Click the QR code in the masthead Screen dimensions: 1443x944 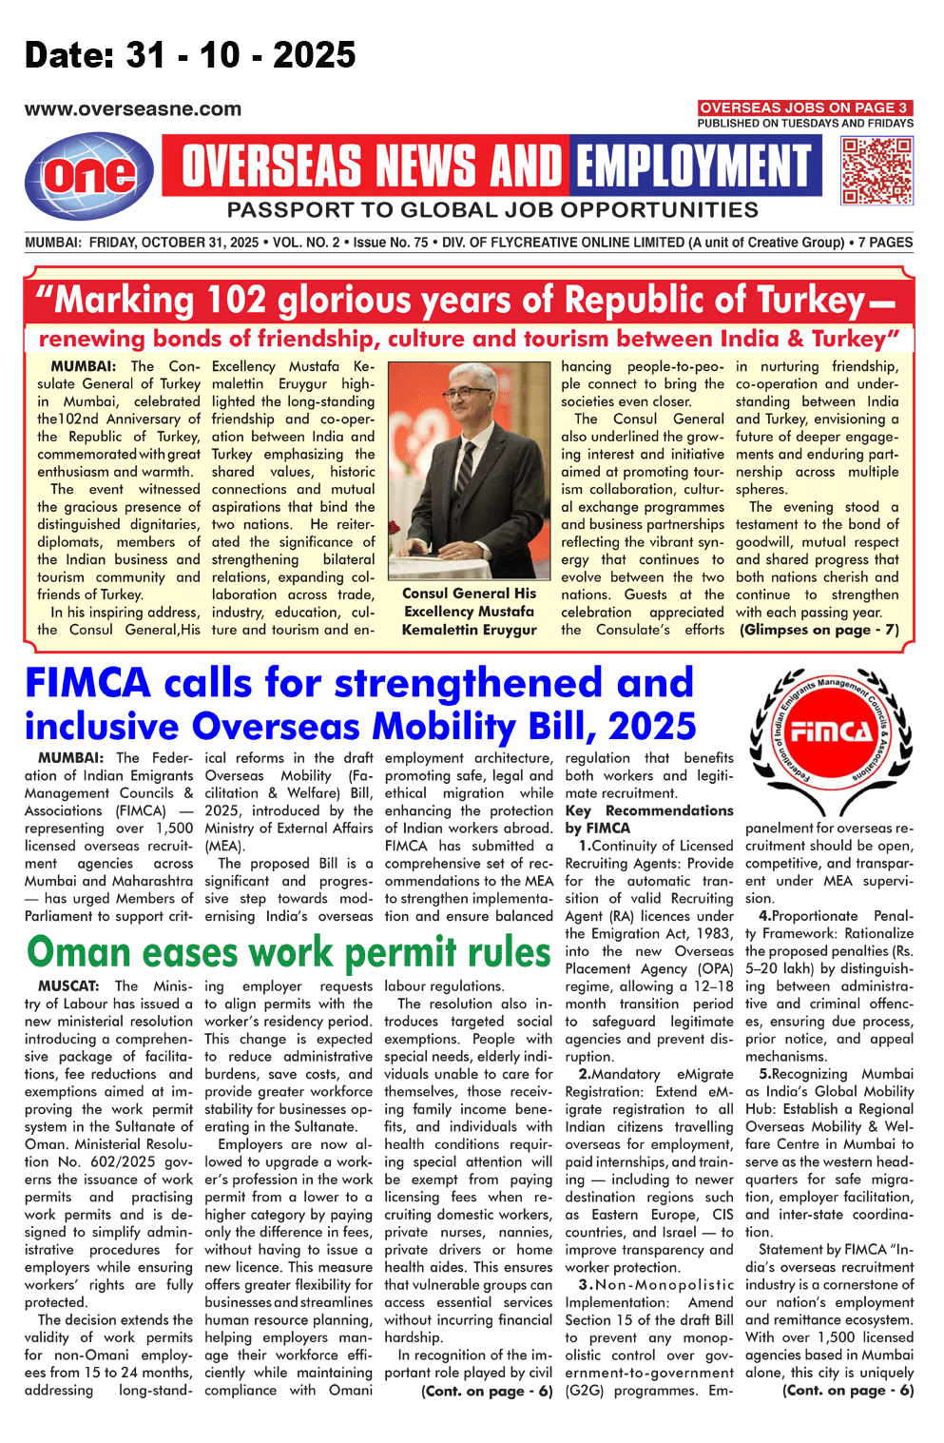coord(877,170)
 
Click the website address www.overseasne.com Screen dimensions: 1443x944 coord(133,109)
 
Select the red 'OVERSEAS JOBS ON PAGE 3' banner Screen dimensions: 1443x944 coord(804,107)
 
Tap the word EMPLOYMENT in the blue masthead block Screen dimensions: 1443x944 coord(697,166)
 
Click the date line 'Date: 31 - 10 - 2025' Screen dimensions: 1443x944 coord(190,55)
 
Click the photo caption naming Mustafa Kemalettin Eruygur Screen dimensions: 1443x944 coord(469,612)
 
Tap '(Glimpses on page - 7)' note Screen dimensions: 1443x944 coord(819,630)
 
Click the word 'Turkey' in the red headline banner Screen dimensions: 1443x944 coord(808,301)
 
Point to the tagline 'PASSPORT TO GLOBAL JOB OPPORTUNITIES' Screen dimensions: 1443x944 coord(492,210)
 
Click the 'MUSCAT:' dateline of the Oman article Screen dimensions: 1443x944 coord(68,986)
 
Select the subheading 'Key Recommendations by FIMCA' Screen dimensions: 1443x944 coord(649,819)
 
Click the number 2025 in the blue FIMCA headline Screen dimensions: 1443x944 coord(651,727)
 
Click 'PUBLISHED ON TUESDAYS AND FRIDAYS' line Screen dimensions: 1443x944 coord(804,124)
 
